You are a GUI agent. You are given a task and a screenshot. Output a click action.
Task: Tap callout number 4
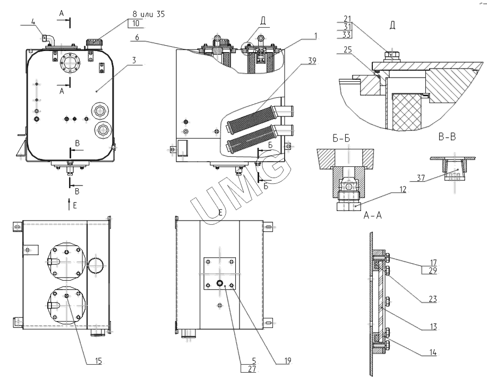pos(33,22)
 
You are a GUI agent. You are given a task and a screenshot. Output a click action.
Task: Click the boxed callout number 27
pos(251,367)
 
